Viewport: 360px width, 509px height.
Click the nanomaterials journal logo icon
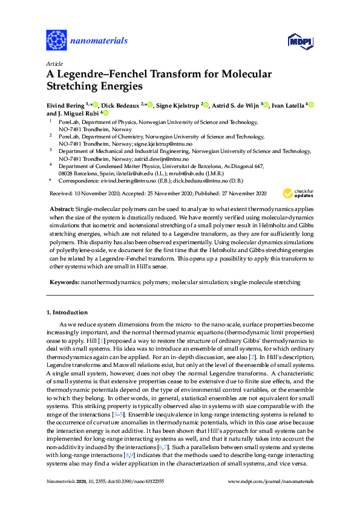click(56, 41)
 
